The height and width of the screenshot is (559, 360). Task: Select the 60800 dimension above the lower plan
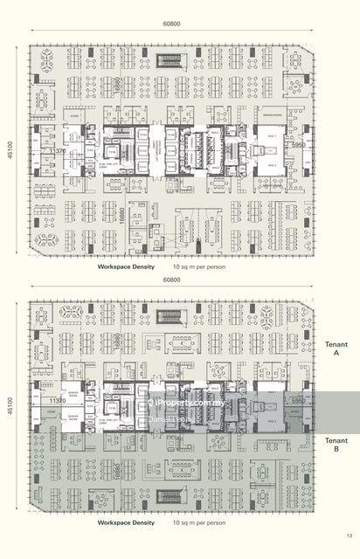[x=170, y=280]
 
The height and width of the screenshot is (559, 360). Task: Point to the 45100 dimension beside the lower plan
[x=10, y=406]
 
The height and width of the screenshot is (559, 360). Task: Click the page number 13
[x=348, y=535]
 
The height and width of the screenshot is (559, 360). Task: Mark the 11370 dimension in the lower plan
[x=59, y=401]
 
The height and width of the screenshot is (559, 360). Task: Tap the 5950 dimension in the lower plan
[x=298, y=401]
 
